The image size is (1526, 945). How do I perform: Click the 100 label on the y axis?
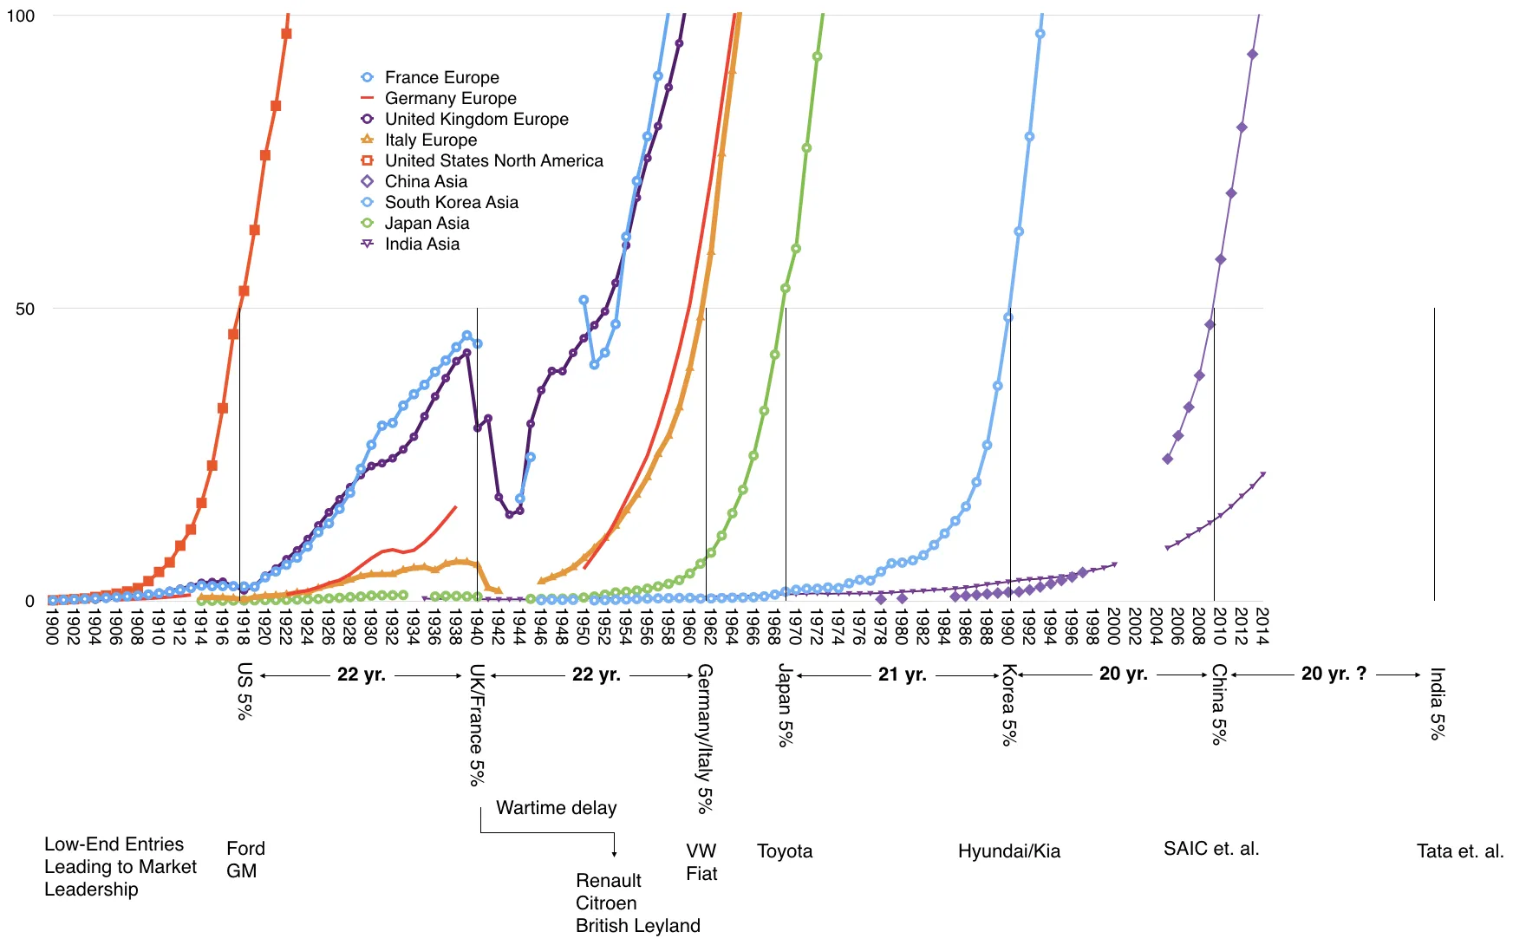[20, 16]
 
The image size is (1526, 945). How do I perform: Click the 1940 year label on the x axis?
[476, 626]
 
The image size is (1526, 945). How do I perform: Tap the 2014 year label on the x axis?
[1262, 626]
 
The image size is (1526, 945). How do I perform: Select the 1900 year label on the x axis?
[52, 626]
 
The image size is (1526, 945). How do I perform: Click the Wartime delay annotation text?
[556, 808]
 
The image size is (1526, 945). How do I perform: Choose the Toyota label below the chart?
[785, 850]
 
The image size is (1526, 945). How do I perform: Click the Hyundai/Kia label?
[1008, 850]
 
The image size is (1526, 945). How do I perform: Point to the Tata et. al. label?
[1460, 850]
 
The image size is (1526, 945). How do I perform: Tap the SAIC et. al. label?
[1210, 848]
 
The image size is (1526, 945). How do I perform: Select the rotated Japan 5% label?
[785, 705]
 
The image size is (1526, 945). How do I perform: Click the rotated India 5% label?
[1437, 703]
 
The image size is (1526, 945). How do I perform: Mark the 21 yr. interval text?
[902, 675]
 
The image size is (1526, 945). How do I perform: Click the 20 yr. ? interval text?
[1334, 674]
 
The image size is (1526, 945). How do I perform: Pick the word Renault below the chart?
[608, 880]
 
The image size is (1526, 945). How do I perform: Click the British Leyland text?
[637, 925]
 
